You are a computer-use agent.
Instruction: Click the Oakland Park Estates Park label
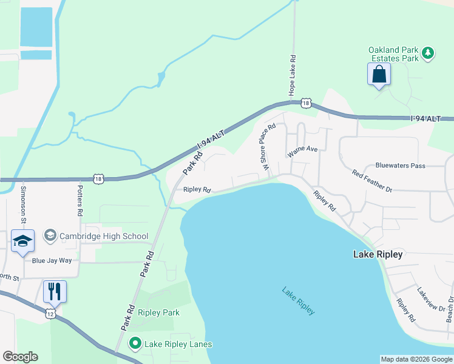click(x=394, y=54)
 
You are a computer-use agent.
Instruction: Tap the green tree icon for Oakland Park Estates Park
click(x=429, y=53)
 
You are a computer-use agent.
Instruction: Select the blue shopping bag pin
click(x=379, y=75)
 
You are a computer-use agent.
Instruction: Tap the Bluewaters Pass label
click(x=400, y=165)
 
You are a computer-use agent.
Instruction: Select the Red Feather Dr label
click(x=372, y=181)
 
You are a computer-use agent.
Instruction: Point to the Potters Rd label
click(x=80, y=200)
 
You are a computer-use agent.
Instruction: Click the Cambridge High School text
click(x=104, y=236)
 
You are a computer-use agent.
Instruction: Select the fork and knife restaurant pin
click(x=55, y=292)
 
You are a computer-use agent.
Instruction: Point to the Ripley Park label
click(x=158, y=312)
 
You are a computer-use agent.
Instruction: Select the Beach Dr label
click(x=450, y=309)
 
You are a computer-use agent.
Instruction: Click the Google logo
click(x=20, y=357)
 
